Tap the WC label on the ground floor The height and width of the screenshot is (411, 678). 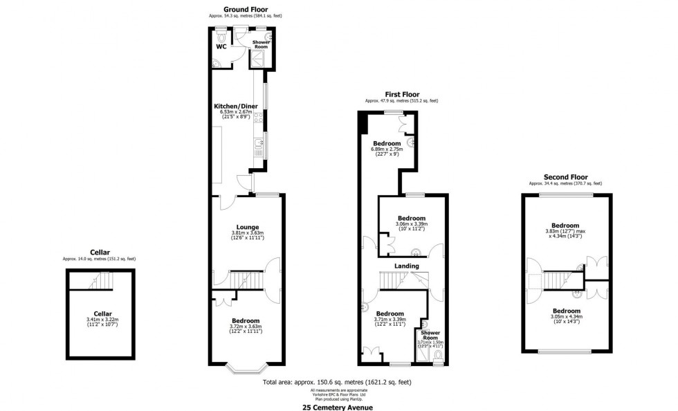tap(221, 47)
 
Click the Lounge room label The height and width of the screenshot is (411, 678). tap(248, 227)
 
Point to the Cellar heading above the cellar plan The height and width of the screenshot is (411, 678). tap(100, 253)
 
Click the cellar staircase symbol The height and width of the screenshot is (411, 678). tap(102, 281)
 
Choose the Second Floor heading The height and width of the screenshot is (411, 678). tap(565, 177)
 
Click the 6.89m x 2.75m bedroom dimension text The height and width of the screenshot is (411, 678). tap(387, 149)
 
